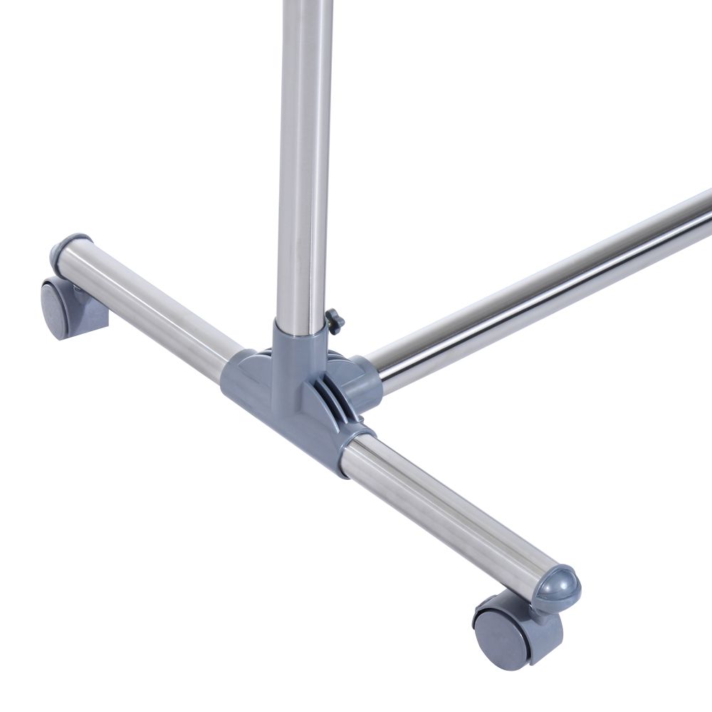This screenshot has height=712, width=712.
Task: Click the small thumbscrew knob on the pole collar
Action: pyautogui.click(x=335, y=320)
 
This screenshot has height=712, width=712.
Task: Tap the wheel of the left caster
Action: pyautogui.click(x=57, y=311)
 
